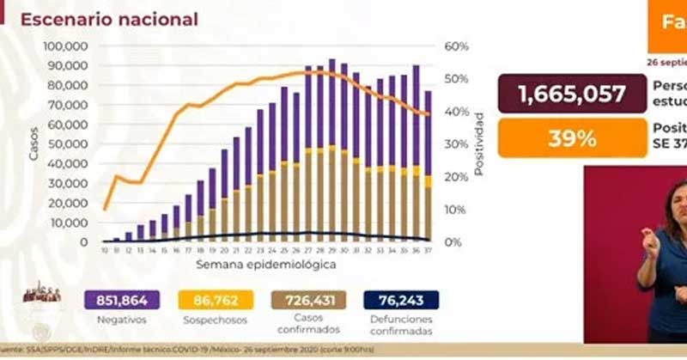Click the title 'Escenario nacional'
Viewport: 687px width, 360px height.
[109, 19]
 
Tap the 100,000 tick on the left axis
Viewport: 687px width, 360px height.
[66, 46]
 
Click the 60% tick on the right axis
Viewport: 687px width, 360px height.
[455, 46]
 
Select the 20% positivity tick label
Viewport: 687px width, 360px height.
[455, 177]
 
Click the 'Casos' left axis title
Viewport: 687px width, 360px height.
[33, 144]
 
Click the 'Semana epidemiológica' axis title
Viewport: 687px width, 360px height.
[265, 265]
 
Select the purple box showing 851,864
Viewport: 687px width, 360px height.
[121, 300]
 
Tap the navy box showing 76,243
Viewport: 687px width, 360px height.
[400, 300]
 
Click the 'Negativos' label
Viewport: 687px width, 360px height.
[121, 320]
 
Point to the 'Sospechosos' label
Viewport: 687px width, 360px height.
[215, 320]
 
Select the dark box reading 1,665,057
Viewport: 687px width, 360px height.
[570, 94]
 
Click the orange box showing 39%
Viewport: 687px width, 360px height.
[570, 137]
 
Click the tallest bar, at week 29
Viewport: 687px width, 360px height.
[331, 150]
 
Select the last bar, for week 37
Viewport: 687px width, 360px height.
[427, 163]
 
